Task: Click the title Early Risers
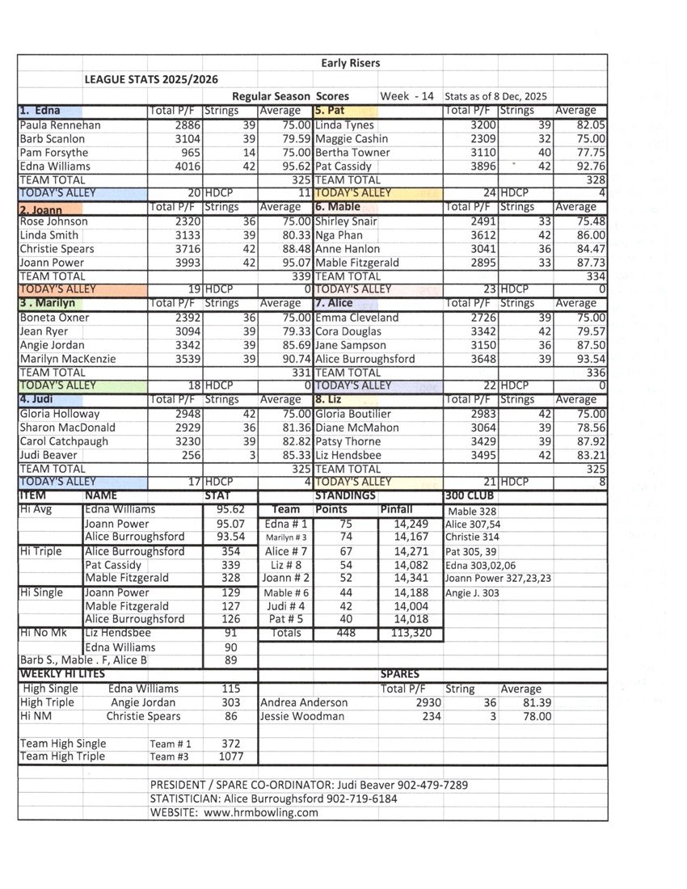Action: tap(350, 63)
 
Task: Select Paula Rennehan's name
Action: tap(59, 125)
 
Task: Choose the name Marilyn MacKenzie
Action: tap(67, 359)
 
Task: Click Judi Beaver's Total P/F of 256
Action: tap(189, 456)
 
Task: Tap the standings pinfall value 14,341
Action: tap(411, 578)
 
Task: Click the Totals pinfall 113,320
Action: tap(411, 634)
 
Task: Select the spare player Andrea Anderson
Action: tap(304, 702)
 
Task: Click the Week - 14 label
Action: tap(407, 96)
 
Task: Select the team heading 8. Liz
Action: tap(328, 400)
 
